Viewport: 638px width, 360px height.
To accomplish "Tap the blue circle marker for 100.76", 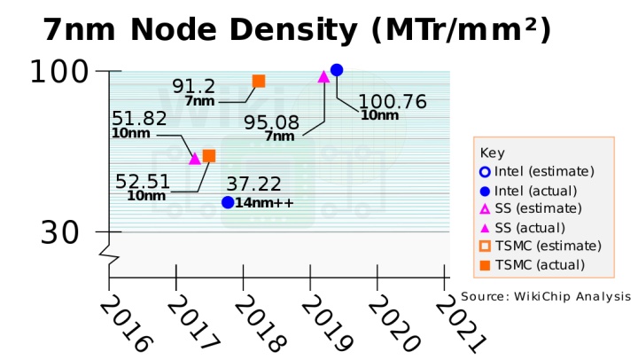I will (337, 69).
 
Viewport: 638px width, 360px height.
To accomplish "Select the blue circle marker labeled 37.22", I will (228, 202).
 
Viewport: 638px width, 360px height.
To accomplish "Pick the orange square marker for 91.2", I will (259, 81).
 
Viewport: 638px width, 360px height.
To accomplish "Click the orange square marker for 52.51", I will (209, 156).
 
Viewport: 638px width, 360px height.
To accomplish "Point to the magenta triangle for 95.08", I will (323, 76).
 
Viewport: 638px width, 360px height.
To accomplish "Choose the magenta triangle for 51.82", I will (195, 159).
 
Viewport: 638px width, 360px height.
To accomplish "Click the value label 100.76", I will (392, 101).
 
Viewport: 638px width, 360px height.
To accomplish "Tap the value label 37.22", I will (253, 184).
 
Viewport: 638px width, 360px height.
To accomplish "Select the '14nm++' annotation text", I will (265, 203).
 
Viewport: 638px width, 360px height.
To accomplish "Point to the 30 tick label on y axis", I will (59, 232).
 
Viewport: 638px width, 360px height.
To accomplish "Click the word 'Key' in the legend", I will (491, 152).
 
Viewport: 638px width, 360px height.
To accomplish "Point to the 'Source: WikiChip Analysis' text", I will (545, 296).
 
